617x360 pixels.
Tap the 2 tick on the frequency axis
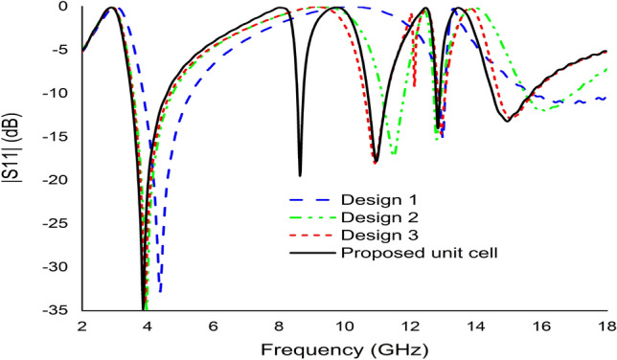(82, 326)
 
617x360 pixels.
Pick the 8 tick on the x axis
(279, 326)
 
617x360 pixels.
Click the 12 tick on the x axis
(410, 326)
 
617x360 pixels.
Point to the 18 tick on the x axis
(606, 326)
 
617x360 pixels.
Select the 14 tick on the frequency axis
(475, 326)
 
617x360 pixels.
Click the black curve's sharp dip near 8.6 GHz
(300, 174)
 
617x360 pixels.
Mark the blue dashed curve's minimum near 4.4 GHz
(160, 291)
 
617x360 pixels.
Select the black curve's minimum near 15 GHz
(508, 121)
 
